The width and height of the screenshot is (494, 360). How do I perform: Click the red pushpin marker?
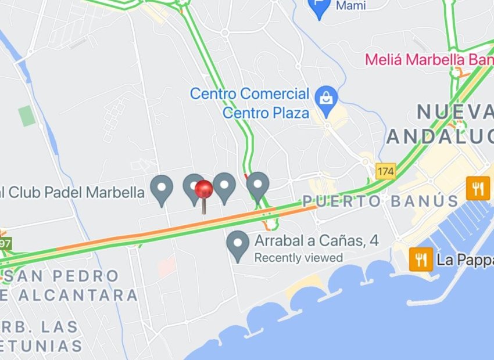[x=204, y=190]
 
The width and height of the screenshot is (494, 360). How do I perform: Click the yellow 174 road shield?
[x=385, y=171]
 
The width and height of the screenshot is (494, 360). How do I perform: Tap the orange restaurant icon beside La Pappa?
[x=421, y=258]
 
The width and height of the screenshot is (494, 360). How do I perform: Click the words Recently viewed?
[x=299, y=257]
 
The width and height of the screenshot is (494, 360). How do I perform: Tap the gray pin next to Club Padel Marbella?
[x=162, y=189]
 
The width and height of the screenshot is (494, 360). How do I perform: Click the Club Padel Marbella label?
[x=73, y=192]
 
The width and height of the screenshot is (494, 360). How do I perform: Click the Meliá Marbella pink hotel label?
[x=429, y=60]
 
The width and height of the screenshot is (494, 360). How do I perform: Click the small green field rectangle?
[x=26, y=116]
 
